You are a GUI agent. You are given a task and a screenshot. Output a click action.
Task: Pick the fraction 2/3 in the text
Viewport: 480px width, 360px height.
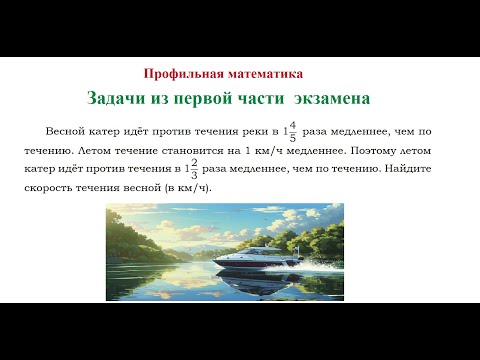point(194,169)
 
